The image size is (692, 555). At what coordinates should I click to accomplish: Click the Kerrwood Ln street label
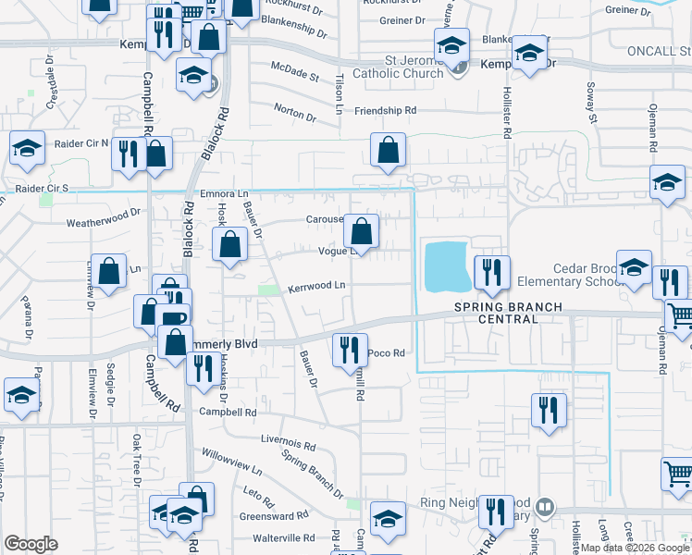tap(315, 286)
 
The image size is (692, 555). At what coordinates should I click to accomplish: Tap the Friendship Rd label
tap(386, 110)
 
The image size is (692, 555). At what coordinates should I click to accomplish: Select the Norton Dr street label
tap(294, 108)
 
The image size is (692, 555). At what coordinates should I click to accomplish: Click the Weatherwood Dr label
tap(103, 223)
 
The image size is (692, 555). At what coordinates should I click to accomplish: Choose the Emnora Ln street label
tap(225, 194)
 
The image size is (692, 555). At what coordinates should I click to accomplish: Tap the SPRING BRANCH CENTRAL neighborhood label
tap(496, 313)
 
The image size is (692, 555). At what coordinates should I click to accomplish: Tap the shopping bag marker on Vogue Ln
tap(362, 230)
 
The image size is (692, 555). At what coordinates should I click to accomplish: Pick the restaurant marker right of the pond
tap(491, 271)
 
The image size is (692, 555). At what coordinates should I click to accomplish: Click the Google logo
tap(31, 544)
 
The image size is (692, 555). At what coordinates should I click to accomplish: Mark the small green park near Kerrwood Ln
tap(267, 290)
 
